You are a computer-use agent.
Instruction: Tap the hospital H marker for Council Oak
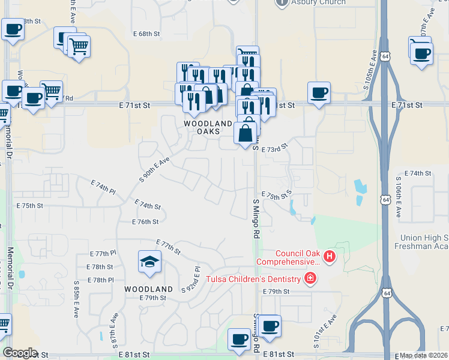tap(329, 257)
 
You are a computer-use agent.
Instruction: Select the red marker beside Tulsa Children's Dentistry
tap(310, 278)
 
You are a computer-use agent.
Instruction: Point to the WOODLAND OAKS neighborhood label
tap(208, 127)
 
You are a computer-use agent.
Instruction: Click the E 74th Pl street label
tap(103, 186)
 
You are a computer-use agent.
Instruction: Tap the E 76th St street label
tap(145, 221)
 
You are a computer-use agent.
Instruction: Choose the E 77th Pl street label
tap(101, 254)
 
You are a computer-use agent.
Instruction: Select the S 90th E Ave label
tap(155, 169)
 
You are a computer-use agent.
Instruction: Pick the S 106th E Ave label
tap(398, 197)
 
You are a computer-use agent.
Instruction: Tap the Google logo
tap(20, 353)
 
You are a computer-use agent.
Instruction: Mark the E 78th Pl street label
tap(101, 280)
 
